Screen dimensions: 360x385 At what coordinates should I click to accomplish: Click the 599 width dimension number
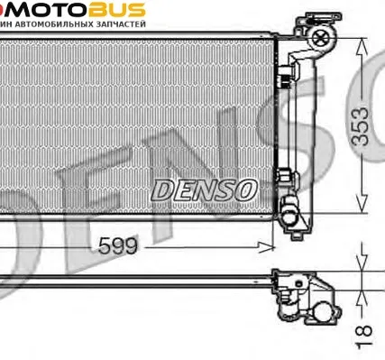pos(119,244)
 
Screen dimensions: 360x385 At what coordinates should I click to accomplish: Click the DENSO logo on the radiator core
pos(204,189)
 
